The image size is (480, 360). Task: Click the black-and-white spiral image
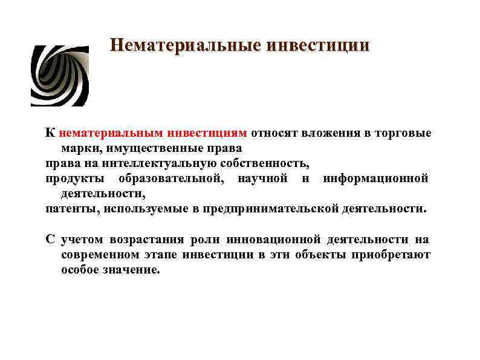(x=59, y=76)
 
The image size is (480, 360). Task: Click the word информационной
(x=375, y=178)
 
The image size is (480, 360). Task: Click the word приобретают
(x=393, y=255)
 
